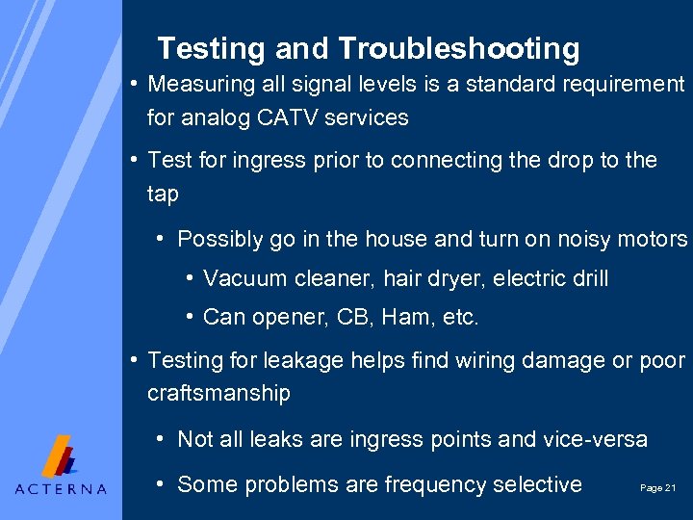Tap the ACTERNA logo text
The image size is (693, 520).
[61, 488]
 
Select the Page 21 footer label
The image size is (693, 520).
[658, 488]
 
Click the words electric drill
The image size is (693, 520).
[554, 279]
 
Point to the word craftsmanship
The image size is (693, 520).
[218, 394]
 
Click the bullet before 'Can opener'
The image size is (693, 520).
[192, 317]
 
